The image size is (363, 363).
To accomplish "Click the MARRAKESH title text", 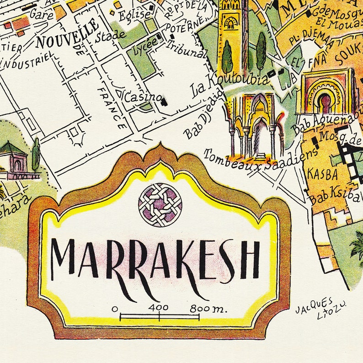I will (155, 258).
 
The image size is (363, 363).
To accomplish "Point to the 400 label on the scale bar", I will (159, 308).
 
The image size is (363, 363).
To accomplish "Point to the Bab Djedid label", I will (204, 114).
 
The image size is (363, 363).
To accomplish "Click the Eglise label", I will (134, 16).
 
